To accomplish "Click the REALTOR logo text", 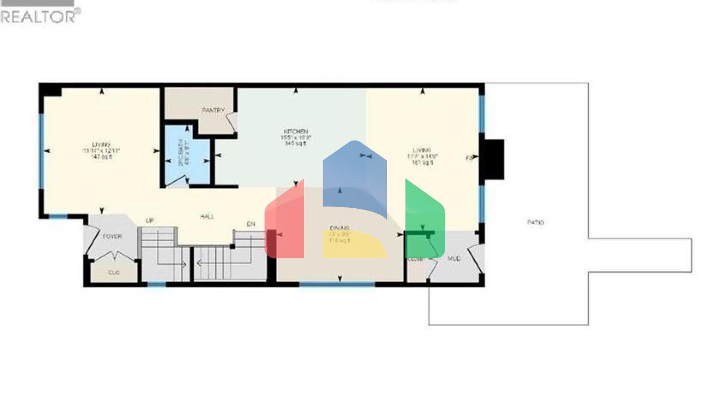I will tap(40, 16).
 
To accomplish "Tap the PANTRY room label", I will tap(213, 110).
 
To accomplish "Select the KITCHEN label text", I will tap(296, 132).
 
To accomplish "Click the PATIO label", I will tap(535, 222).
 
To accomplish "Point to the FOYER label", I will tap(112, 236).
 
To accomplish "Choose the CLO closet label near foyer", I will tap(114, 273).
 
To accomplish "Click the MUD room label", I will tap(454, 259).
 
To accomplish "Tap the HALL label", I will tap(207, 216).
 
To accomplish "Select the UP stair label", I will tap(150, 221).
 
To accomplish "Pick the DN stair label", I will tap(251, 224).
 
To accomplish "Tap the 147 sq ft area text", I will tap(102, 157).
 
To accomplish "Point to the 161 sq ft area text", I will tap(422, 163).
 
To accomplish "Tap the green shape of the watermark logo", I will tap(424, 217).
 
